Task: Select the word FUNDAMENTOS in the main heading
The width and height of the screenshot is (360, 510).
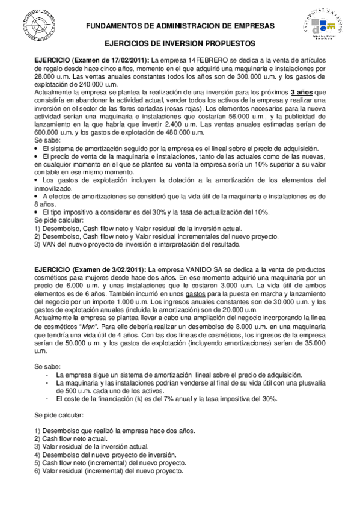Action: [112, 26]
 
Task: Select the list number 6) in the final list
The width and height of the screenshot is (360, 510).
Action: [37, 472]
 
